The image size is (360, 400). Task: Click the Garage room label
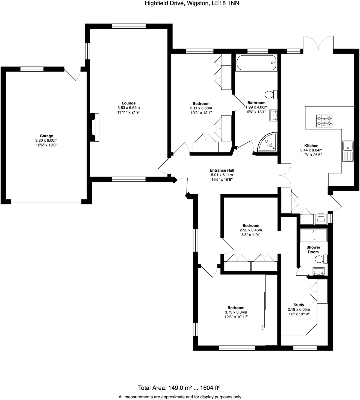coord(46,136)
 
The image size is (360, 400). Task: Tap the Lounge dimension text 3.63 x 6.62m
coord(128,108)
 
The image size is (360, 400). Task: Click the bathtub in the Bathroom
coord(256,63)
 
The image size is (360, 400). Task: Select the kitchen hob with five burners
coord(324,121)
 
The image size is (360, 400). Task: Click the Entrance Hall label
coord(222,170)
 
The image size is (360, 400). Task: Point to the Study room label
coord(299,305)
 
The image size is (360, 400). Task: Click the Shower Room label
coord(313,250)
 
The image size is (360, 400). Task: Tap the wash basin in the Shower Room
coord(318,271)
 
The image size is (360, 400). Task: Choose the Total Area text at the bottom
coord(179,388)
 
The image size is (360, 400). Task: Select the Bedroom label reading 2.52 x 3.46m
coord(251,230)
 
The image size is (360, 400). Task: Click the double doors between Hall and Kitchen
coord(285,175)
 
